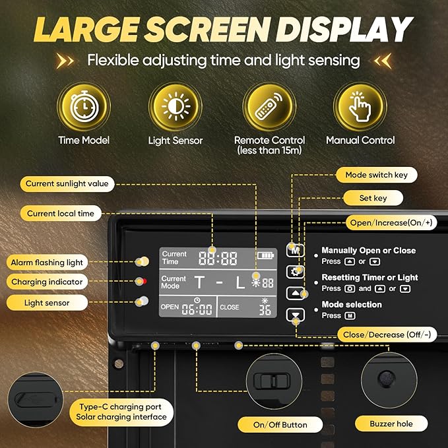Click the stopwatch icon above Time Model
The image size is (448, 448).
point(84,106)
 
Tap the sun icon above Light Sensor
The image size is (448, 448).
point(176,106)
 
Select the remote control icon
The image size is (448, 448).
point(269,106)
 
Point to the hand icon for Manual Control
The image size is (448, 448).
point(360,106)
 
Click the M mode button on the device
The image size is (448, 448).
point(295,250)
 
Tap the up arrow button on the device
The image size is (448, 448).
point(295,293)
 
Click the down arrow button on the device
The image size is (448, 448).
point(295,315)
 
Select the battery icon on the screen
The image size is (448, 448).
point(265,255)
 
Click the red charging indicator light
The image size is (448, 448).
point(144,281)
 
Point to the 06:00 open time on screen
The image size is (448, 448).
point(197,309)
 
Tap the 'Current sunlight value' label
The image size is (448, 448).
point(67,183)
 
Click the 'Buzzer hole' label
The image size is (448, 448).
point(391,424)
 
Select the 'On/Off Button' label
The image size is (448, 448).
point(280,425)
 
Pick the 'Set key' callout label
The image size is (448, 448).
point(373,198)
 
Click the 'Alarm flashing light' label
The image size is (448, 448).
point(47,263)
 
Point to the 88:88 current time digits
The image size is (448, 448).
point(218,258)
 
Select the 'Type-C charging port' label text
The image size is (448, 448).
point(120,406)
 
